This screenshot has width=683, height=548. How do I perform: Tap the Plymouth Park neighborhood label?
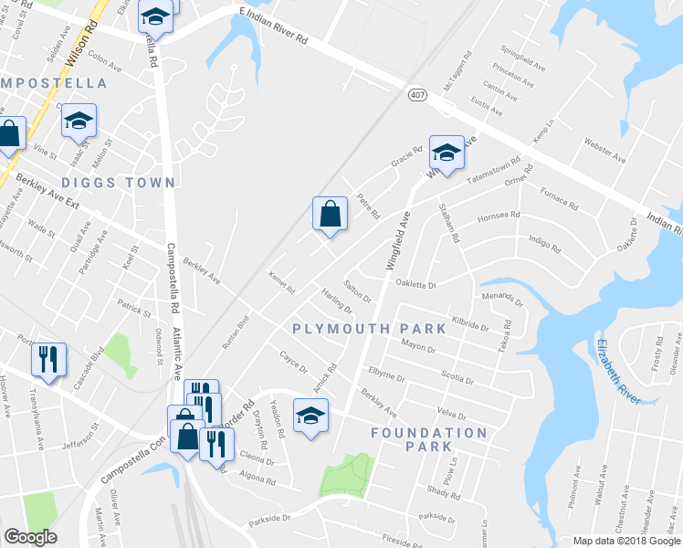click(x=369, y=329)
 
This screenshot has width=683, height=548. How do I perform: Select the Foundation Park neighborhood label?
click(x=429, y=439)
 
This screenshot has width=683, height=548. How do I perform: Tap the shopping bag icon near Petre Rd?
click(x=330, y=215)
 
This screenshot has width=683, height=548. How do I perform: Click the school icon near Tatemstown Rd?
click(x=446, y=153)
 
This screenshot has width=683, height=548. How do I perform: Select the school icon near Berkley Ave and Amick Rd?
click(x=310, y=416)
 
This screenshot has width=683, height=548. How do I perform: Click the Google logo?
click(x=31, y=536)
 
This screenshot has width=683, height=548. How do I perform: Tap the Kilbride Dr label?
click(x=470, y=325)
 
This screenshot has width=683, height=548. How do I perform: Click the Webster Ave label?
click(x=604, y=152)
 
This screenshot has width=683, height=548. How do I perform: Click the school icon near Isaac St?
click(x=79, y=120)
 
